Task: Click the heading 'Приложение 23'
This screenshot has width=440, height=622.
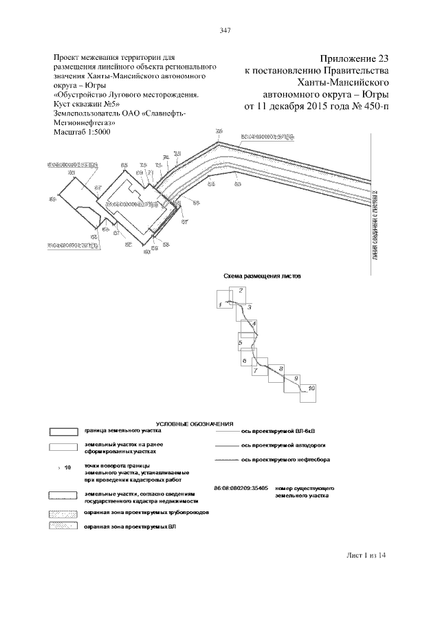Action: pos(350,59)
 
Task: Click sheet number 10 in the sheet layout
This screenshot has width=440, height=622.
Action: pos(311,389)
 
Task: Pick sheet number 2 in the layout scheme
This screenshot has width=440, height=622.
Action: pos(241,291)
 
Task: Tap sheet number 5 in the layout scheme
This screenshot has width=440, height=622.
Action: pos(240,342)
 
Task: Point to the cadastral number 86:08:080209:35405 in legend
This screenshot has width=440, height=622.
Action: pos(241,487)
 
